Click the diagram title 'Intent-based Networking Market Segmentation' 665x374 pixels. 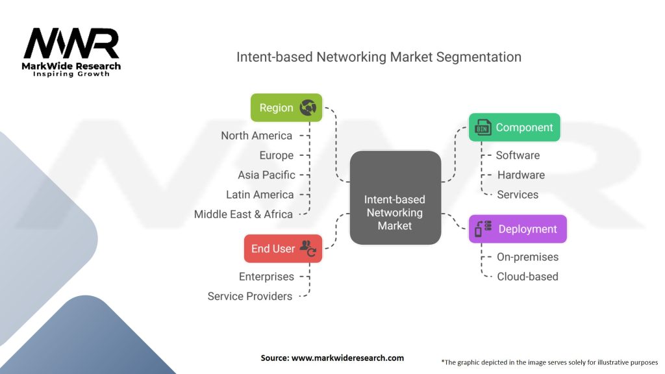coord(379,57)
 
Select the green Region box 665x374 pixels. coord(286,108)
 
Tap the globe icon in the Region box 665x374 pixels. coord(308,108)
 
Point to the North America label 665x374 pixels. coord(257,136)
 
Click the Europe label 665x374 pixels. coord(277,155)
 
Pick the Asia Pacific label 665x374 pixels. coord(266,175)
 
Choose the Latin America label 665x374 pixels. coord(260,194)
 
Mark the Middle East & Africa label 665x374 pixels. coord(244,214)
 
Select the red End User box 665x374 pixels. coord(282,249)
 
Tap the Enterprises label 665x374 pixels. coord(266,277)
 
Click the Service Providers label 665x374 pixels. coord(250,296)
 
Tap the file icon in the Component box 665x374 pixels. coord(483,127)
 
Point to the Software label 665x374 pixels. coord(518,155)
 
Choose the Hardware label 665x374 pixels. coord(521,175)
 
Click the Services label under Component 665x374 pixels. coord(518,194)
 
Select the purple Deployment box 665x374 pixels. coord(518,229)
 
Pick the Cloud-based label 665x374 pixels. coord(527,277)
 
